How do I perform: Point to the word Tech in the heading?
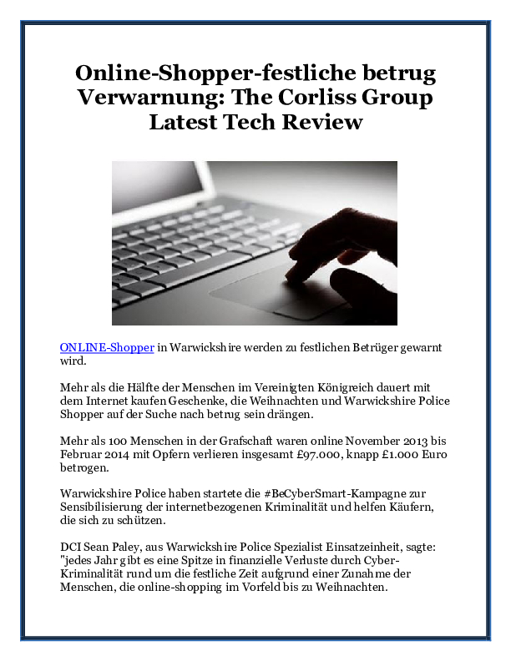click(x=255, y=122)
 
